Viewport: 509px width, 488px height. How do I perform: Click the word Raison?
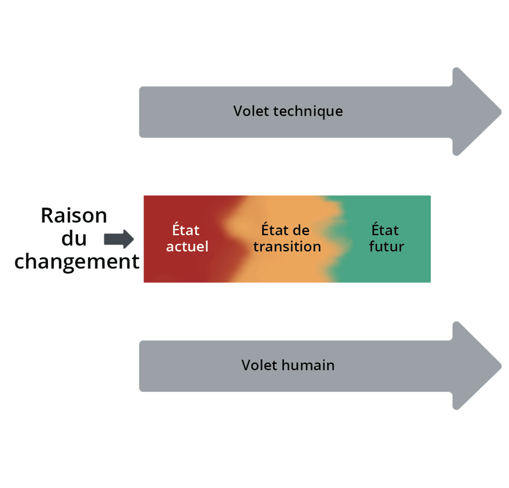coord(74,215)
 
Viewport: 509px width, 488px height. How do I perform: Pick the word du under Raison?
coord(74,238)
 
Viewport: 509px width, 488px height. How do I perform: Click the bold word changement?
coord(77,261)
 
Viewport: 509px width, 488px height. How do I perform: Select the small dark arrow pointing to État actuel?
coord(119,239)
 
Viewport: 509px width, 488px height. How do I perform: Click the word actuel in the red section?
coord(187,246)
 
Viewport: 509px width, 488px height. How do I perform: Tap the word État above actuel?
coord(185,231)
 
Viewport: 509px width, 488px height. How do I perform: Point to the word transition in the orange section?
coord(287,246)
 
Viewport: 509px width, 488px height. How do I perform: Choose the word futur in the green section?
coord(386,246)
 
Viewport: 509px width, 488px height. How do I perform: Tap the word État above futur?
coord(385,231)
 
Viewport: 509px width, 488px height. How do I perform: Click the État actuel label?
coord(186,239)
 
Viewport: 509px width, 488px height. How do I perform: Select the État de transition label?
coord(287,239)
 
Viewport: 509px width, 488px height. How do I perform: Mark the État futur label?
coord(385,239)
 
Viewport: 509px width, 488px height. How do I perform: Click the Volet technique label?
coord(288,111)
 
